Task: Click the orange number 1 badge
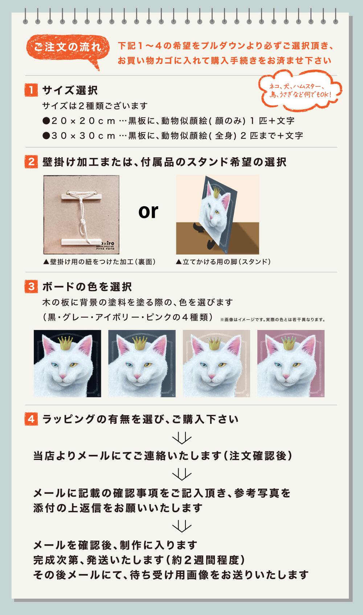tap(31, 90)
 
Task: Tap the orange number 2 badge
tap(31, 162)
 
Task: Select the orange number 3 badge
tap(31, 287)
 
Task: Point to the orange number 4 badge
tap(31, 419)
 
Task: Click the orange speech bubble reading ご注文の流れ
tap(68, 49)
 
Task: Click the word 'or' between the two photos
tap(148, 211)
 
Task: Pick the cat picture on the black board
tap(67, 363)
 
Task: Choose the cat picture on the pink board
tap(291, 363)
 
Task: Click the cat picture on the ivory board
tap(216, 363)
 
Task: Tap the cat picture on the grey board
tap(142, 363)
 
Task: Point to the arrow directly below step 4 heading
tap(182, 438)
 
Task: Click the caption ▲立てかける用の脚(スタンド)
tap(223, 262)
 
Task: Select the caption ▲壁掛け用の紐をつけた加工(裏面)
tap(99, 262)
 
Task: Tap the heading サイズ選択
tap(70, 90)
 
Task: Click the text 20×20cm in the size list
tap(83, 121)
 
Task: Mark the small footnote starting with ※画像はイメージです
tap(273, 319)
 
